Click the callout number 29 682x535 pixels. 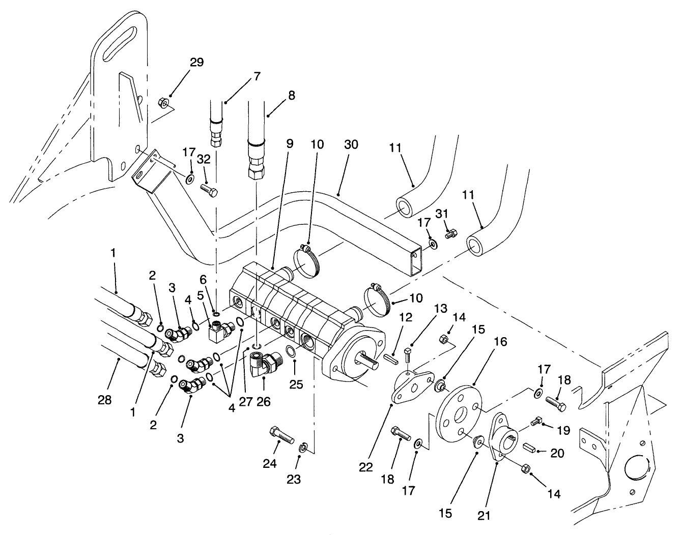196,63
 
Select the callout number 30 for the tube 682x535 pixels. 351,145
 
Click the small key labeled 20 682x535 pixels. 527,448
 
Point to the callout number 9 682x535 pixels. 290,144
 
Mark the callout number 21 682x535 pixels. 484,515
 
